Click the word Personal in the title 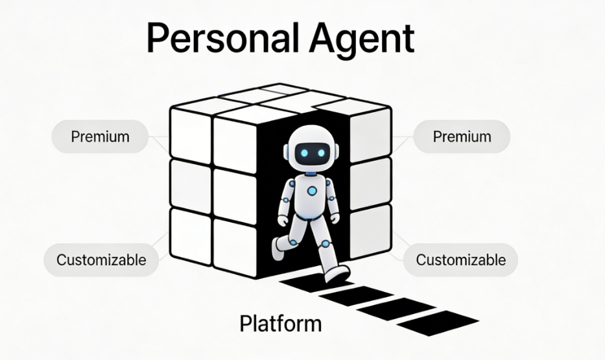222,38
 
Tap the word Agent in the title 361,38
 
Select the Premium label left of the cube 100,137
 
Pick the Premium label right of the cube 462,137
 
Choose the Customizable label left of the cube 101,260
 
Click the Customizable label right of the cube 460,260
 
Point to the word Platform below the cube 280,323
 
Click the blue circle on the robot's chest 313,191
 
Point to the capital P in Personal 159,38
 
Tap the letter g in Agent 339,42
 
